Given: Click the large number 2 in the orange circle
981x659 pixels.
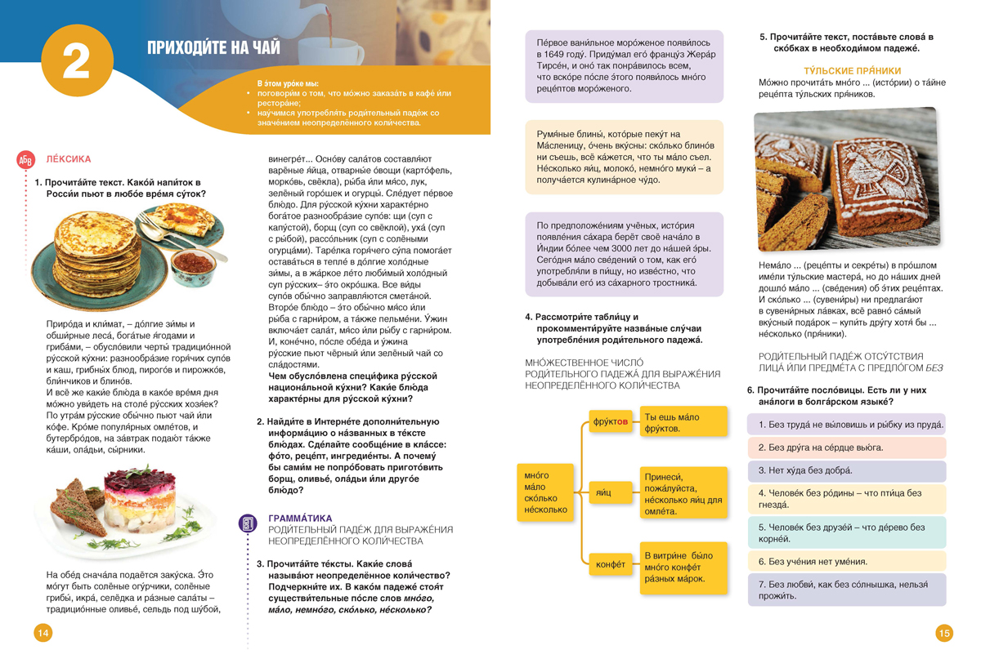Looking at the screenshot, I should (x=76, y=62).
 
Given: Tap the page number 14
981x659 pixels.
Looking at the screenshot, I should (x=43, y=633).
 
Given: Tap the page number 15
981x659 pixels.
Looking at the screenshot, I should (x=944, y=633).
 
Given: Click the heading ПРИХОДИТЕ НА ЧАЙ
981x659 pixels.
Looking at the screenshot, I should (x=213, y=48).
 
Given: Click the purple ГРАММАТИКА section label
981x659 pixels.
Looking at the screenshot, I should (x=300, y=518).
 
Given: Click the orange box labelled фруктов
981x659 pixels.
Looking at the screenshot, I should (x=611, y=422).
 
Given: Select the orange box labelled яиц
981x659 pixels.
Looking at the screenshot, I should (x=604, y=493).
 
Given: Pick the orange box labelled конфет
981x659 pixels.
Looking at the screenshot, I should (x=611, y=563).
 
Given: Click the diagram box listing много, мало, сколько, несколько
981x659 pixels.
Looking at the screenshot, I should (x=544, y=492).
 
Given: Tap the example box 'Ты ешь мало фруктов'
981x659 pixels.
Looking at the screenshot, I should (x=683, y=422).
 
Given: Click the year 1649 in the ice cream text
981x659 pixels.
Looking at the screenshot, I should (x=555, y=56).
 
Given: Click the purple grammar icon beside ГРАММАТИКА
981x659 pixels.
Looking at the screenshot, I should (x=249, y=523).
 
